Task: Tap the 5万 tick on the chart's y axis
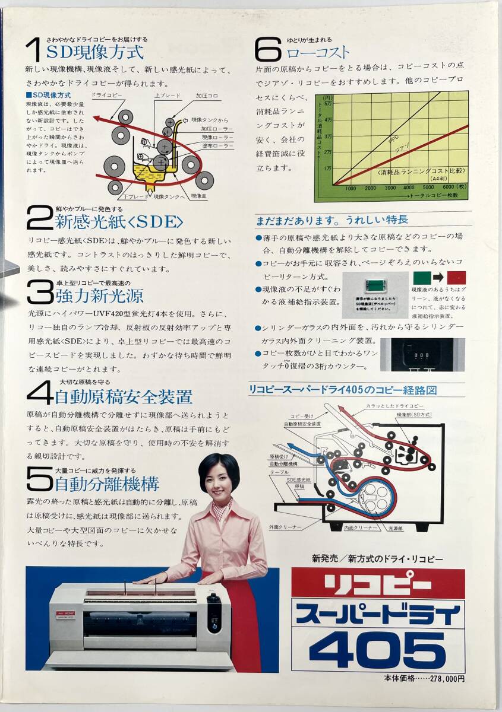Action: tap(328, 104)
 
